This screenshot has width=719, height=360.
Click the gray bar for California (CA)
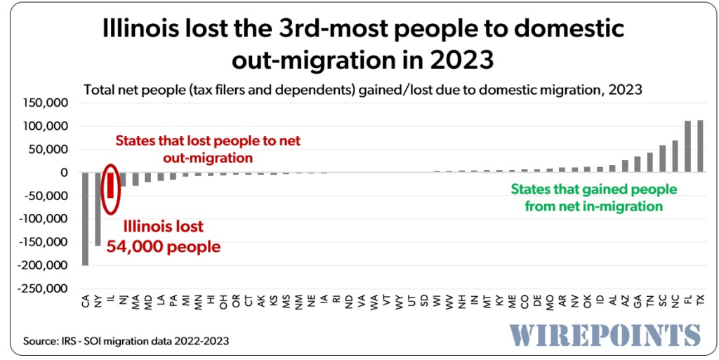[x=85, y=218]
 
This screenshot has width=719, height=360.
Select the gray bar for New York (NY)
[x=98, y=208]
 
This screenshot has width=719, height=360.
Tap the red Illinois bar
[x=110, y=185]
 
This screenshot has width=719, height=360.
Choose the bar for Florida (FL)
[x=687, y=147]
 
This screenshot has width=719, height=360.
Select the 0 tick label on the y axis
[x=64, y=173]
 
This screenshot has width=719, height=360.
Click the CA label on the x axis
[x=85, y=302]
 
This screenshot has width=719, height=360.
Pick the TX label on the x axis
[x=699, y=302]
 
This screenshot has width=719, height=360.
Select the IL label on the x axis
[x=110, y=302]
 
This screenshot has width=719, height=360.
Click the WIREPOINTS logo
[x=605, y=335]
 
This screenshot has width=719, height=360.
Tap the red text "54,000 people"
[x=172, y=247]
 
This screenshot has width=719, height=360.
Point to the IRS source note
[x=126, y=341]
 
